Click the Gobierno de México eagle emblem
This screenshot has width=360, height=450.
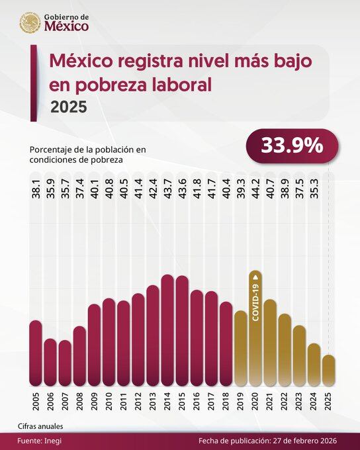(30, 23)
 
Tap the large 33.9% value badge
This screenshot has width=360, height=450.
(292, 146)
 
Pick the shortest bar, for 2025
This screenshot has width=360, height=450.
(328, 371)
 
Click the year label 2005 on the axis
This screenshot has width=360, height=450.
(36, 402)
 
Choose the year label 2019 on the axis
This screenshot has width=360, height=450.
(240, 402)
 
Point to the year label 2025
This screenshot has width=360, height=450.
(328, 402)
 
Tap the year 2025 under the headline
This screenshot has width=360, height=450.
(68, 107)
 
